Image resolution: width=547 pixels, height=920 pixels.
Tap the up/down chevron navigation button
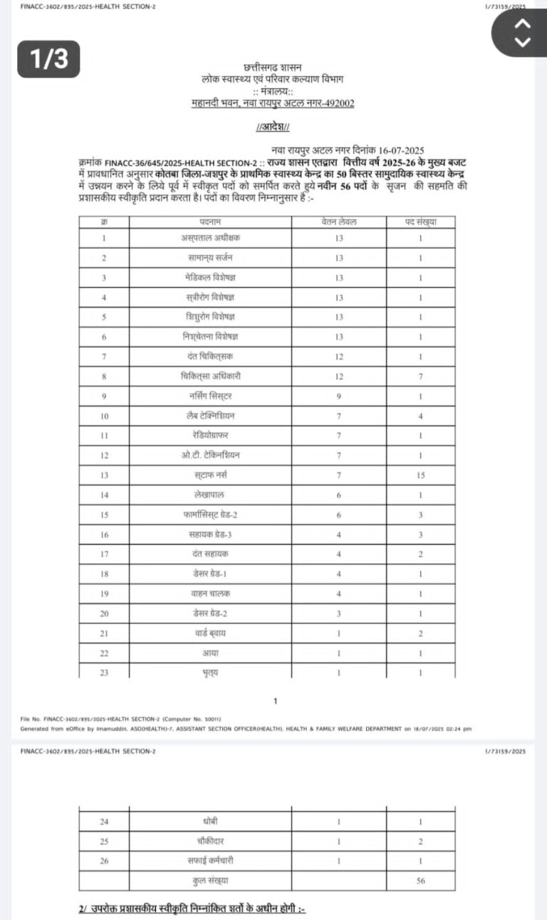522,32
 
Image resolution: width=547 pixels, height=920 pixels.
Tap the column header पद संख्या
420,221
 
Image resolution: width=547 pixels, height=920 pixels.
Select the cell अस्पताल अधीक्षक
212,238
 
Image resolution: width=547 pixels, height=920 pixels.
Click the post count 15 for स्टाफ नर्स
421,475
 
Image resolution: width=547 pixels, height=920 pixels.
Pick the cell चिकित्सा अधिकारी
212,376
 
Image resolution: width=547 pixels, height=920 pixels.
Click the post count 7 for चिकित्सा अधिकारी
421,376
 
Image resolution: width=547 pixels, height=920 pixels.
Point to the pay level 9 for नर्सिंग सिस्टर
339,396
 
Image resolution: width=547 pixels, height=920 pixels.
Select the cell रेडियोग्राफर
212,435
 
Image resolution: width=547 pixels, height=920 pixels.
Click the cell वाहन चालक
212,593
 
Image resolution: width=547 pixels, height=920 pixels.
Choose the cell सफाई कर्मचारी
212,861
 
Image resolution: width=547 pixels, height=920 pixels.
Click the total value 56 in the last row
421,880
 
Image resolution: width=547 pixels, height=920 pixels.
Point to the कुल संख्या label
212,880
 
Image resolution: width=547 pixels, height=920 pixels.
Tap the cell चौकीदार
212,841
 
